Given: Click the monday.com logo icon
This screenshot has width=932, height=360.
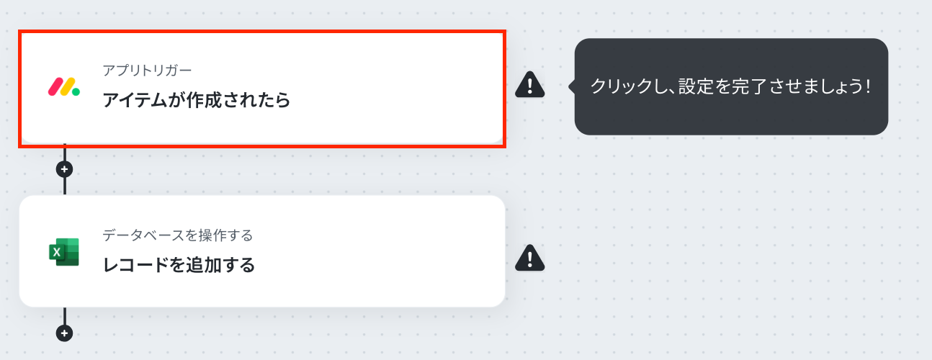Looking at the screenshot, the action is (x=63, y=87).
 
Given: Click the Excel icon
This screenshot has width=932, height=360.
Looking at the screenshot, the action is (x=63, y=252).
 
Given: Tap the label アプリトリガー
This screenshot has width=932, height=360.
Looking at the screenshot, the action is (x=147, y=71).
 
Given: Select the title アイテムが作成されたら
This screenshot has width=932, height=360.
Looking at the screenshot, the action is (x=196, y=100).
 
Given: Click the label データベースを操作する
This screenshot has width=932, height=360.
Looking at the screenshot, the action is (x=178, y=235).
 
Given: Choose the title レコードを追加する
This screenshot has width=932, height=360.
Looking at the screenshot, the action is (x=179, y=265).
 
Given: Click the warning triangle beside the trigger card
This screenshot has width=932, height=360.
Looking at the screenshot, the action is (x=529, y=85).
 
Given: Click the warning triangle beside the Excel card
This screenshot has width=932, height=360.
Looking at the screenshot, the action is (x=529, y=258).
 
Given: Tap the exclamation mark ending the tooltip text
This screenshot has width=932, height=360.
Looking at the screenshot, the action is (x=868, y=86).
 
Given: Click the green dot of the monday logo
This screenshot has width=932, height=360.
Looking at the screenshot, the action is (x=76, y=92).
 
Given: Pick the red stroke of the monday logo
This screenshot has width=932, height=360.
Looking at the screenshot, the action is (x=55, y=87).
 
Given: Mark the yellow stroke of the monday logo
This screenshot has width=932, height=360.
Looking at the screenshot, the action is (x=67, y=87).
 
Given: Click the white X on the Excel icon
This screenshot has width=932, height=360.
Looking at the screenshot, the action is (x=57, y=252).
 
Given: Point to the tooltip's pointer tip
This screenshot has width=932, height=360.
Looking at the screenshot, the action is (x=569, y=86).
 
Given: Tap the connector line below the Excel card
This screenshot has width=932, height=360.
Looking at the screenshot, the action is (x=65, y=317).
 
